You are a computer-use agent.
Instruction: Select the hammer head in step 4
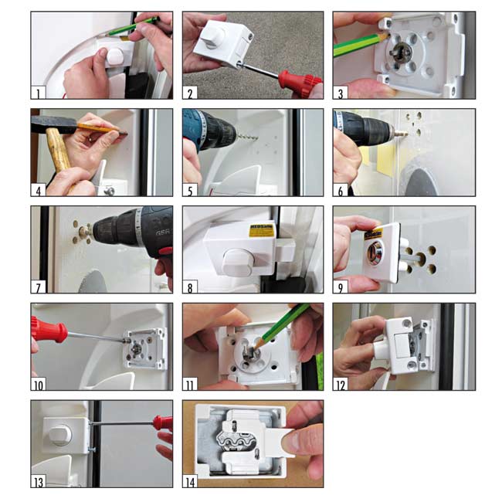(x=45, y=124)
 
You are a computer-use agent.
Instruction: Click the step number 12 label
(x=341, y=383)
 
